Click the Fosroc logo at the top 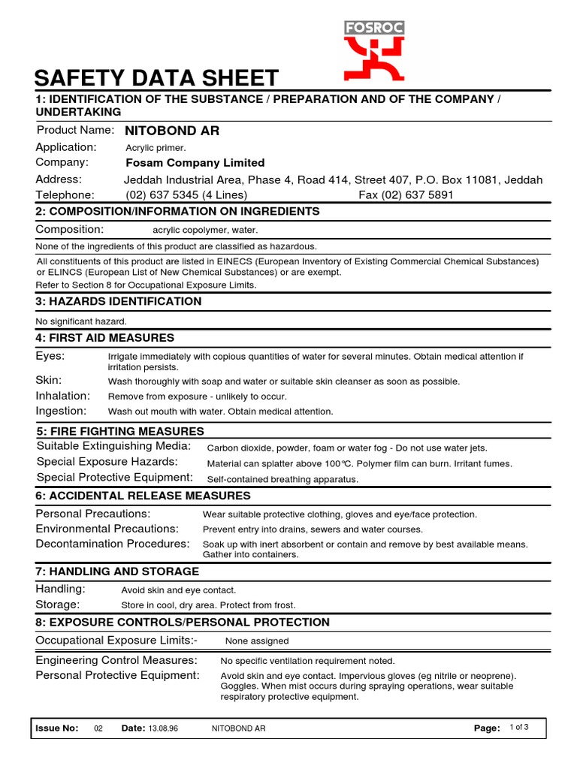374,50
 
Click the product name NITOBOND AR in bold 172,131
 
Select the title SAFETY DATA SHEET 157,78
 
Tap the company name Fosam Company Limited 195,163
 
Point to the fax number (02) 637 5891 406,195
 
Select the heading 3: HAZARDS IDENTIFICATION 119,302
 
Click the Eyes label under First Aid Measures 50,355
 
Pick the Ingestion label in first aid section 62,411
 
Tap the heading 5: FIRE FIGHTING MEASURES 120,431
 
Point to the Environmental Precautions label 107,529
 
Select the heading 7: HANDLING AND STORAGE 117,572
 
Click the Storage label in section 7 58,605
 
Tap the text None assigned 257,641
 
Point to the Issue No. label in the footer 56,728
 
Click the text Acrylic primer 156,148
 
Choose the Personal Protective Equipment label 118,675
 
